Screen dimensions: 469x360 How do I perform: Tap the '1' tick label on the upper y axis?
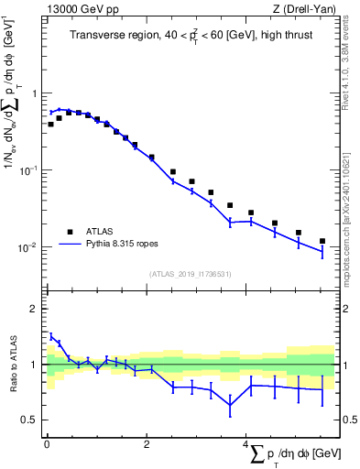click(x=35, y=93)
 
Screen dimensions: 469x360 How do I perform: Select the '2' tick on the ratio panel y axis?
click(x=35, y=309)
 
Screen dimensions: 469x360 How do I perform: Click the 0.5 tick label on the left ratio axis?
click(x=31, y=420)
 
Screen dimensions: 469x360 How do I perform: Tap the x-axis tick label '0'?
click(x=46, y=443)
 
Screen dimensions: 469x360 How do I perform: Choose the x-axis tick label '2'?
click(x=147, y=443)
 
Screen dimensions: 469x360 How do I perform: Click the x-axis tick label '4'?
click(x=246, y=443)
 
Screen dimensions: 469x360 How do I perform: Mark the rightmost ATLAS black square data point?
click(x=322, y=241)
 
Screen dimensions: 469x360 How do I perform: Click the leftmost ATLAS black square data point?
click(x=50, y=124)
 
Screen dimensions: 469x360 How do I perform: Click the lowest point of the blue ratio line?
click(x=229, y=405)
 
